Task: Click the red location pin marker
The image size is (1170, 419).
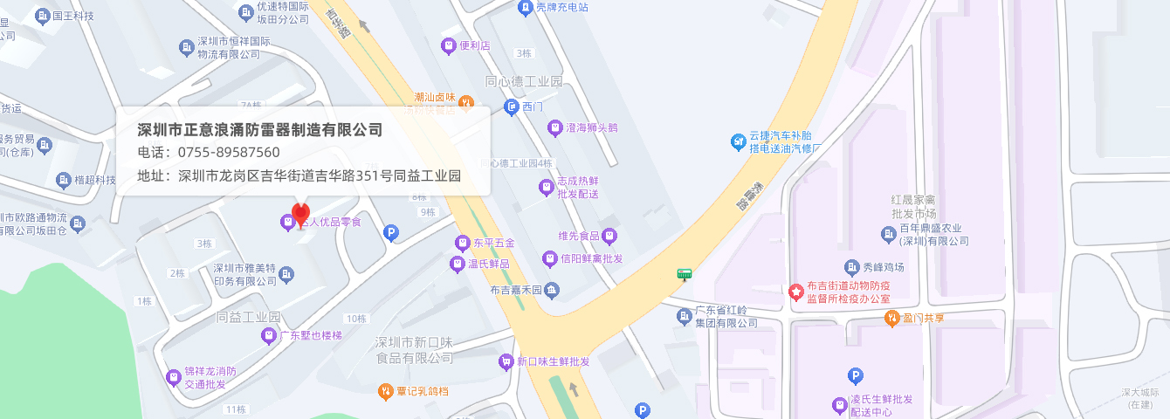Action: (300, 215)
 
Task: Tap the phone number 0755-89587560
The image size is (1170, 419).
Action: (228, 153)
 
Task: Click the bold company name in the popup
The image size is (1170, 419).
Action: (260, 130)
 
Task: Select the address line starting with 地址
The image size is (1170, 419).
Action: (299, 175)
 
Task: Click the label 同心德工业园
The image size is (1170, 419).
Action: (524, 81)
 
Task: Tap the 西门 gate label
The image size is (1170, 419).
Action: (533, 106)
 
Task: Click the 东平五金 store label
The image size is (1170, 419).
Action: (493, 242)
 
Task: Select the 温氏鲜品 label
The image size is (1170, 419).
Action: (488, 263)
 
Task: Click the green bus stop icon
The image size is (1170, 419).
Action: (685, 274)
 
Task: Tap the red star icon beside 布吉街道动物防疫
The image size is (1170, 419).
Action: (795, 292)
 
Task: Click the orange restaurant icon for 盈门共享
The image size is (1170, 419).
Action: (891, 318)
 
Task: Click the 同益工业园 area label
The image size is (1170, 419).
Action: (248, 316)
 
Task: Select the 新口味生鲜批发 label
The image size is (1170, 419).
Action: (553, 361)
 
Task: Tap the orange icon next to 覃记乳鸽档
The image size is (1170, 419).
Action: (385, 391)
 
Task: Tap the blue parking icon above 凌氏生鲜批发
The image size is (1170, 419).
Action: (856, 376)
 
